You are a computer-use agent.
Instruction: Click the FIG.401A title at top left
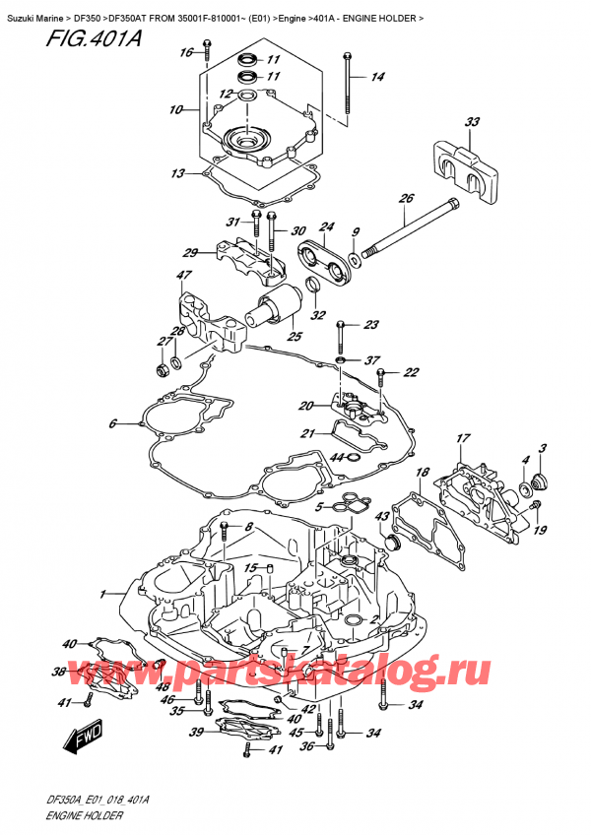(94, 38)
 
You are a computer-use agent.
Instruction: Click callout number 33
(472, 122)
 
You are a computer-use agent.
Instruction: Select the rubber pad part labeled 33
(463, 171)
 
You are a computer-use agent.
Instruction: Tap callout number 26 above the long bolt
(406, 199)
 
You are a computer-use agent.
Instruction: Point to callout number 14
(377, 77)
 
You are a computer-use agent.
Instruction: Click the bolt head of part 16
(207, 43)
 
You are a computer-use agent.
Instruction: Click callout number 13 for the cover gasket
(178, 173)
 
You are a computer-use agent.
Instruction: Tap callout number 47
(184, 276)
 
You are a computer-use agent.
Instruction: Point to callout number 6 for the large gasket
(112, 423)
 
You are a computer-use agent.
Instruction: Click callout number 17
(463, 438)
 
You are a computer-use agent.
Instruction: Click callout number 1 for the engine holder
(102, 595)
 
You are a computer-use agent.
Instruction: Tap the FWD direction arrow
(82, 739)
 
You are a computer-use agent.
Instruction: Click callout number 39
(197, 733)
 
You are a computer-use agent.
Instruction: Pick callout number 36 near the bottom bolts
(307, 746)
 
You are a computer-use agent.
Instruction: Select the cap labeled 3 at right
(540, 482)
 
